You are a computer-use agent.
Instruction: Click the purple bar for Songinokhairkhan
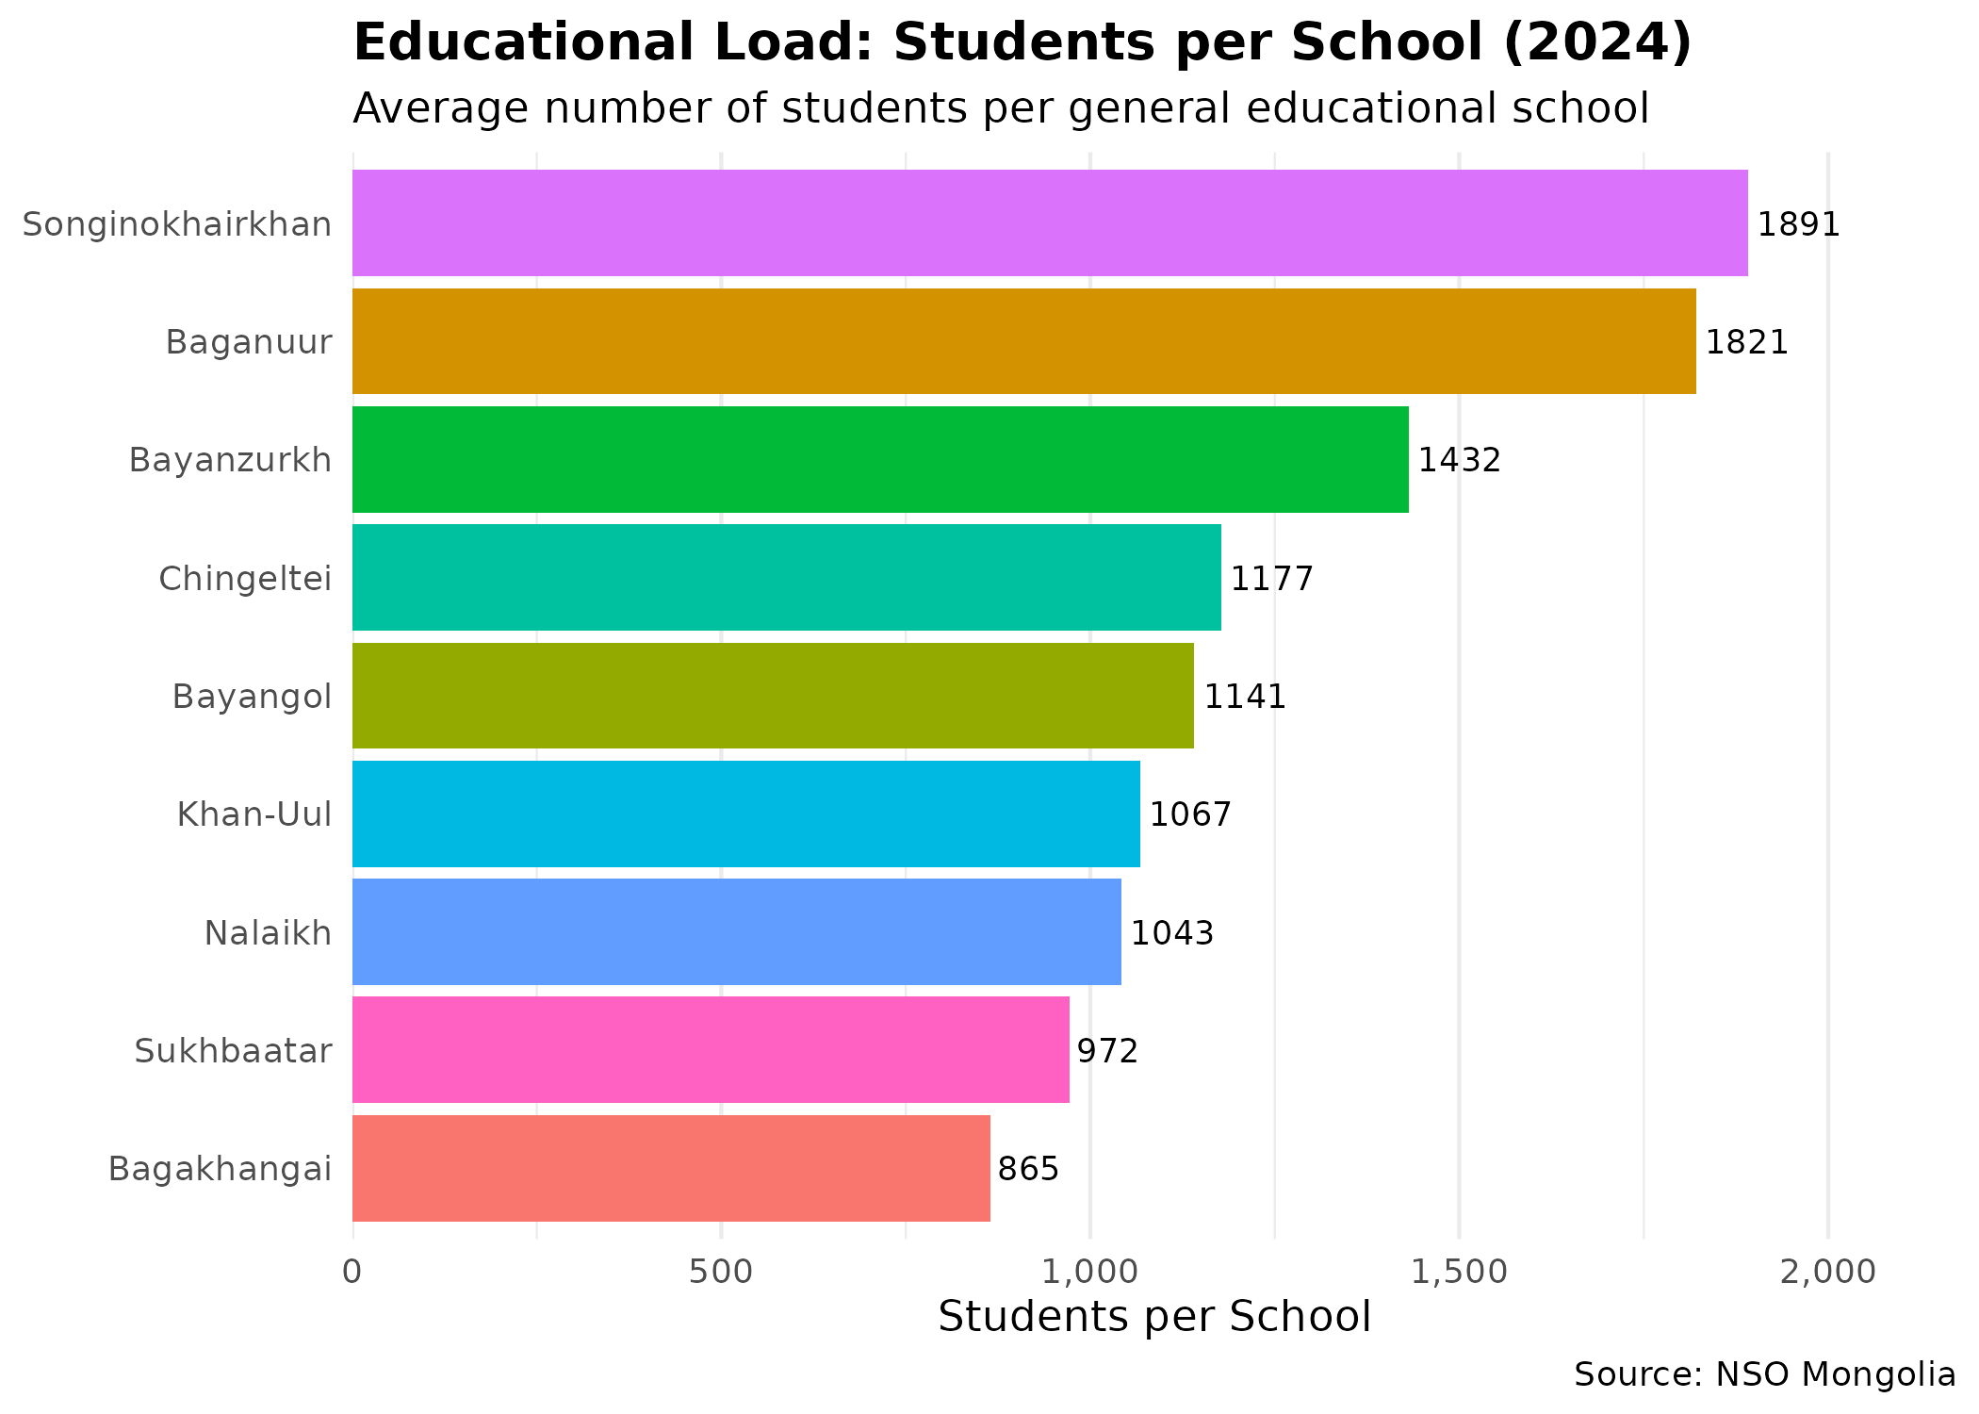1050,223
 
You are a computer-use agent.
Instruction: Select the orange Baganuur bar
1023,341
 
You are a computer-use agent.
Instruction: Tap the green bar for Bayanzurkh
880,460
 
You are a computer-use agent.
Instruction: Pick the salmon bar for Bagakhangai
671,1169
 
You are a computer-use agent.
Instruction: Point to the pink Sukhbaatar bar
711,1050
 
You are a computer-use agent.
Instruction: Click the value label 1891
1798,225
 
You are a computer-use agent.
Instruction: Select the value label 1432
1459,461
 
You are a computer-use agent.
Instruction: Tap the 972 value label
1107,1051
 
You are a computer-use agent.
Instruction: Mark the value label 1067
1190,814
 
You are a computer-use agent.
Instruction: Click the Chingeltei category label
245,579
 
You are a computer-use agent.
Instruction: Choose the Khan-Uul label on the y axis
254,814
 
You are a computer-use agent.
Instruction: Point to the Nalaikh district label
268,933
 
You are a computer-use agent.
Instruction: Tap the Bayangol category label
252,698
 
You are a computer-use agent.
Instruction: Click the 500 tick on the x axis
721,1273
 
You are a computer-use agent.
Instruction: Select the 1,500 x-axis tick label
1459,1273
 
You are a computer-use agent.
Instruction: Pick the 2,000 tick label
1827,1273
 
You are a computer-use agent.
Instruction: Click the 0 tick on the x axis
352,1273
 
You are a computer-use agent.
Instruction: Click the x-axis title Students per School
1154,1317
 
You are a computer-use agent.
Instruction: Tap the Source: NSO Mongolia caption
1764,1375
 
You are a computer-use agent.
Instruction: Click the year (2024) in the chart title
1596,43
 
